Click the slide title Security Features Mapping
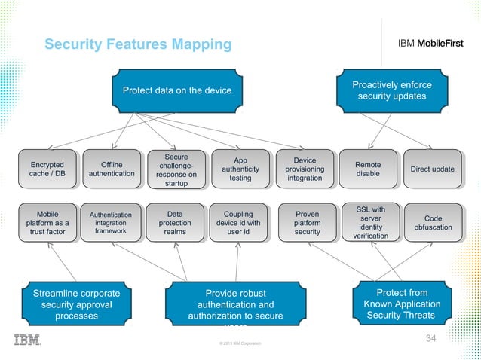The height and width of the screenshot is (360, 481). point(138,45)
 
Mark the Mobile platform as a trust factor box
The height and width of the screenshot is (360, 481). point(47,222)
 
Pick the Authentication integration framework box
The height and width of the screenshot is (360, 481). point(112,222)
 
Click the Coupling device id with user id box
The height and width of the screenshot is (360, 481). point(238,222)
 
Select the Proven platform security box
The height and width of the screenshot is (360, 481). point(307,222)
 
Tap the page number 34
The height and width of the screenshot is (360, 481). point(431,337)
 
